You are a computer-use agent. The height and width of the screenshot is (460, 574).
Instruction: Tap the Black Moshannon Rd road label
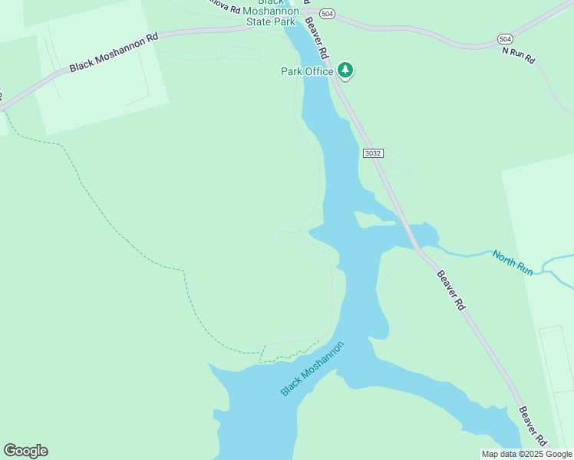114,52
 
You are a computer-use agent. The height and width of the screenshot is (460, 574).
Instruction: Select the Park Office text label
307,71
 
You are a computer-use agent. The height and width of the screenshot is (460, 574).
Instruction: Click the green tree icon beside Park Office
345,71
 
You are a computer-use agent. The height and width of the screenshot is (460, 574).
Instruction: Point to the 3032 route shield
373,153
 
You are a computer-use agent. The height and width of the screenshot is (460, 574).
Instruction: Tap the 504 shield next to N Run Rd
504,38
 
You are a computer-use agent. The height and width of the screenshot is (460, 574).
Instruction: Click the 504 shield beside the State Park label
328,14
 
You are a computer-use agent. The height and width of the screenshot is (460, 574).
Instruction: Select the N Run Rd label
518,55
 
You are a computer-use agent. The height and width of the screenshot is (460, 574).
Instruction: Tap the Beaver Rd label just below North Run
451,289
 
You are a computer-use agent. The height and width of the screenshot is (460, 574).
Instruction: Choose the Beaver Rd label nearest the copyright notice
533,426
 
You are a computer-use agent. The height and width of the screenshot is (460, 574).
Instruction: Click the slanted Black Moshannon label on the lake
312,369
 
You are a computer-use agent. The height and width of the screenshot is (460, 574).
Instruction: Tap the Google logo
25,451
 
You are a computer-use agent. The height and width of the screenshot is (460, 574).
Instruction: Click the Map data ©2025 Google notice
526,454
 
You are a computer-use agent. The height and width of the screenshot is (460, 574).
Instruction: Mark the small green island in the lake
376,220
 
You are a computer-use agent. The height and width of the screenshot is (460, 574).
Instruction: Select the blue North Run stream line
468,252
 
